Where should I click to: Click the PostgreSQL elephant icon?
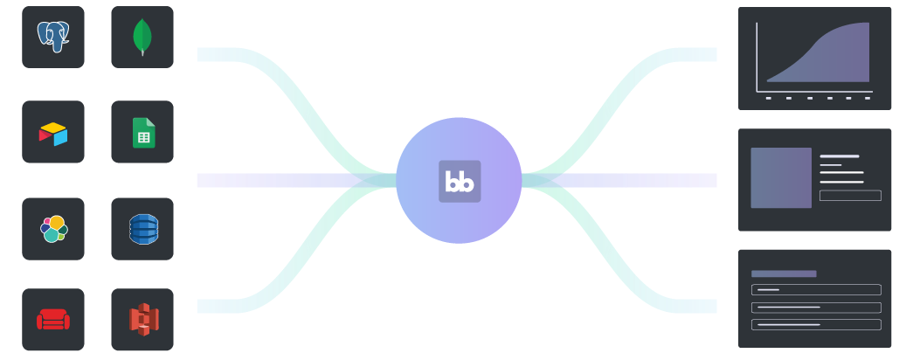53,37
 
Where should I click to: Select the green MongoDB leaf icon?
142,37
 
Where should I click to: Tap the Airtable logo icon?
53,133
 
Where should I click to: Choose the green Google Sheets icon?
143,133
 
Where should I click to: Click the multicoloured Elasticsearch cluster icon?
53,229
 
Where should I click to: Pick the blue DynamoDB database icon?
143,229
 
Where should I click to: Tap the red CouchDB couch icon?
53,320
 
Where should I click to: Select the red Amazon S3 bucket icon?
143,320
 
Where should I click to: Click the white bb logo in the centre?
460,182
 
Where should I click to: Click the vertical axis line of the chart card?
757,57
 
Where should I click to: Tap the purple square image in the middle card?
781,177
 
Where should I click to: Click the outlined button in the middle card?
850,196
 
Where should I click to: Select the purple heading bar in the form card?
784,273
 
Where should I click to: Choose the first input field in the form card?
816,289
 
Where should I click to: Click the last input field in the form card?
816,324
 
